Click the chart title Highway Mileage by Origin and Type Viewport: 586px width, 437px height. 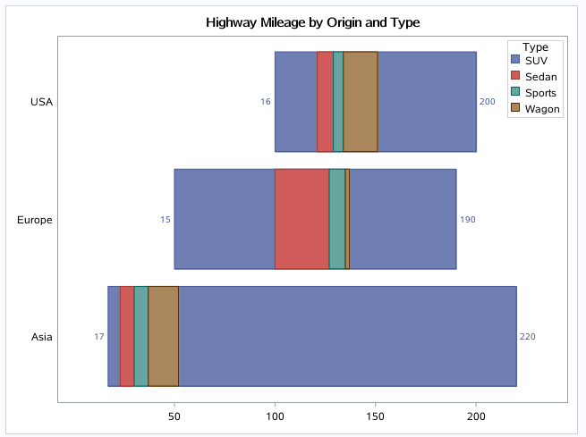click(312, 21)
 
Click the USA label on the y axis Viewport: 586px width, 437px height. click(41, 102)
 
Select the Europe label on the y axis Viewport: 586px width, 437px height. click(35, 219)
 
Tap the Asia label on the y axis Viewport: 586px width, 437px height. click(41, 337)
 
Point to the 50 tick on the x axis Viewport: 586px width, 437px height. click(174, 416)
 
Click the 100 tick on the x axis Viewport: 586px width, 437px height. click(275, 416)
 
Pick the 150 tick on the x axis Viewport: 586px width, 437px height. click(375, 416)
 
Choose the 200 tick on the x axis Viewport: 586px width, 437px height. click(476, 416)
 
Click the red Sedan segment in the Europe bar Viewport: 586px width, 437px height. click(301, 219)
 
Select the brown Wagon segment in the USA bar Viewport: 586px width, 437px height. click(360, 102)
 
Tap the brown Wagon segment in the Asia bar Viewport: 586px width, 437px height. click(163, 337)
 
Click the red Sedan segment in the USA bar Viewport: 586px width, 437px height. click(325, 102)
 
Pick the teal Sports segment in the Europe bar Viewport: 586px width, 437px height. click(336, 219)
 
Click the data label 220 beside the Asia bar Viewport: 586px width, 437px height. click(527, 337)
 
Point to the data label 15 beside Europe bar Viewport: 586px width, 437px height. click(166, 219)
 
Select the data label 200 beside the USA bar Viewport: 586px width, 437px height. click(487, 102)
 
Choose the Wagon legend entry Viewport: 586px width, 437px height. click(542, 109)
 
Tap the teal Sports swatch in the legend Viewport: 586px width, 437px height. click(515, 93)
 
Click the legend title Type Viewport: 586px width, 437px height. click(536, 46)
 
